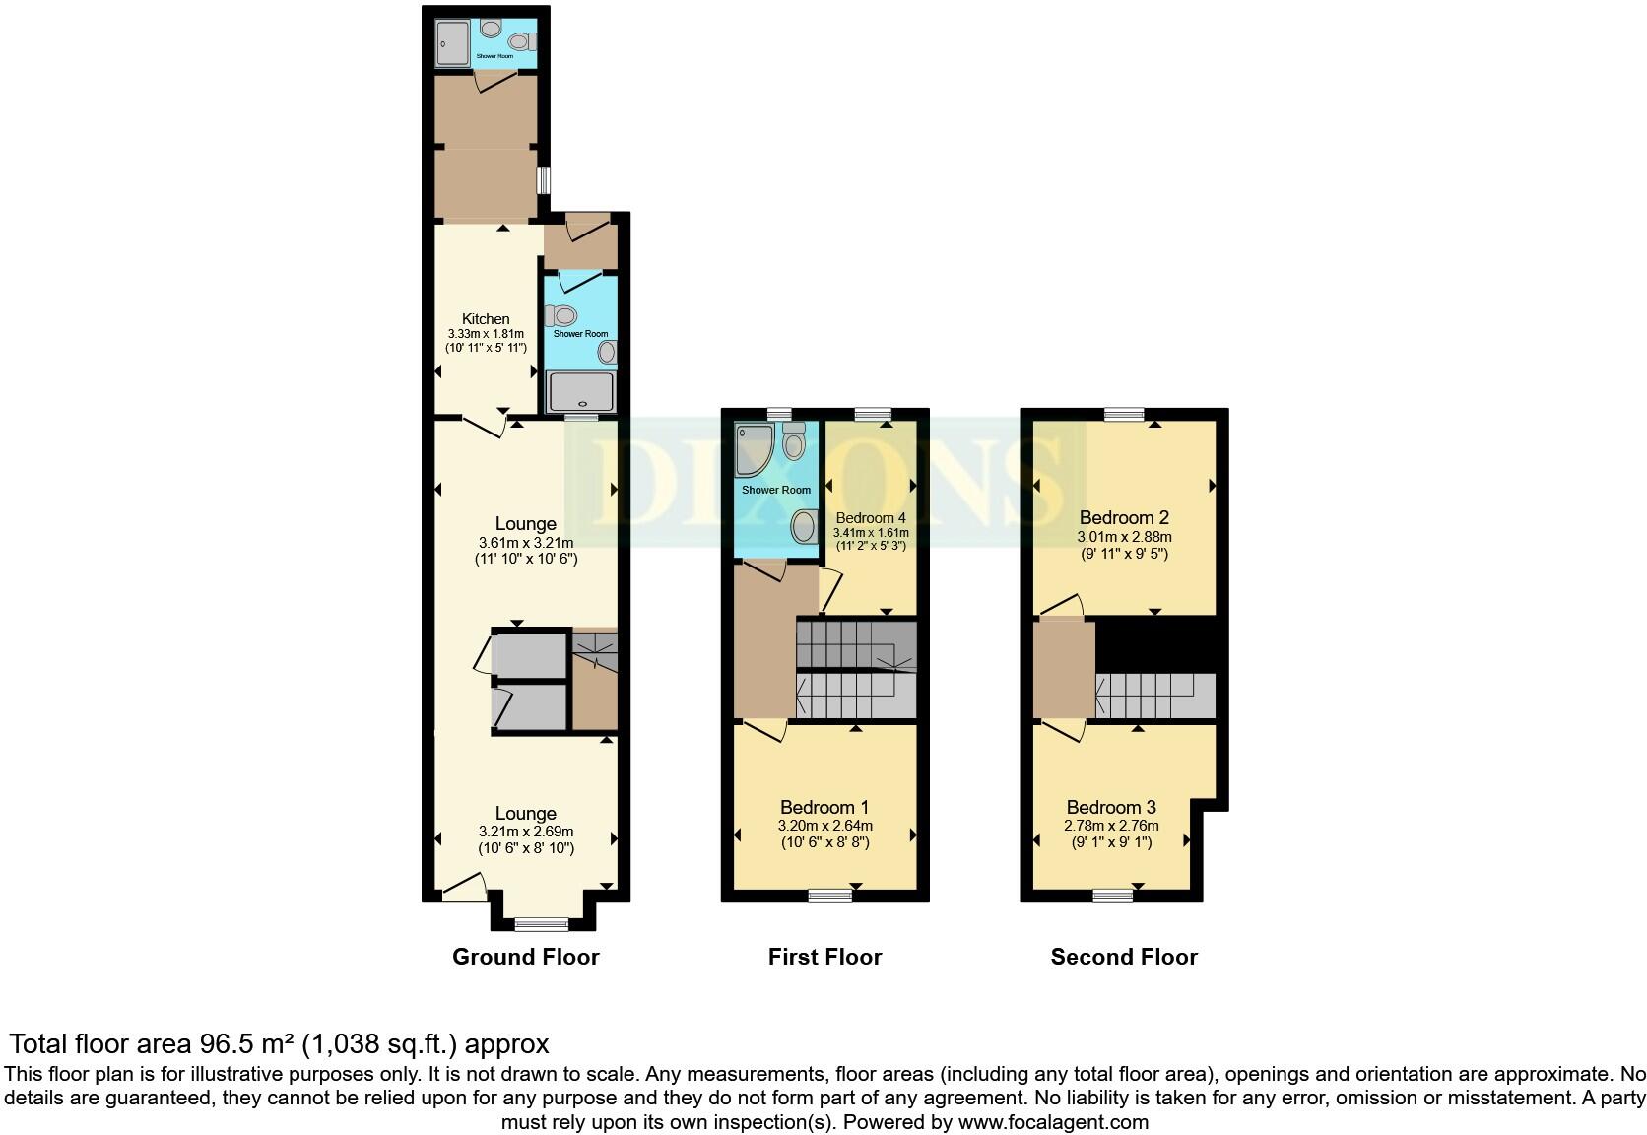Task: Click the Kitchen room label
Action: tap(486, 319)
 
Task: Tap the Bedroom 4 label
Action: tap(870, 518)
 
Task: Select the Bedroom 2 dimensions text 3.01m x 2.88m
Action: tap(1124, 537)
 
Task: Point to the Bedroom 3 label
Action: tap(1111, 807)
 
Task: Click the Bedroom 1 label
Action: tap(824, 807)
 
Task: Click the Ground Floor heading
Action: tap(525, 957)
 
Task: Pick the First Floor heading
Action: tap(824, 957)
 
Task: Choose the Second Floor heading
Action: tap(1124, 957)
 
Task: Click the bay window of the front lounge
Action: tap(542, 924)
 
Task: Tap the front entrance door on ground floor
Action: tap(464, 893)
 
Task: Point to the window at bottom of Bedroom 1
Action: tap(829, 896)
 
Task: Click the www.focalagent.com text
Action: tap(1052, 1121)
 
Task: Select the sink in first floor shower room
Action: tap(804, 526)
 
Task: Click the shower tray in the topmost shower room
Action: tap(454, 42)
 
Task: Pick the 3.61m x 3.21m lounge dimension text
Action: tap(525, 543)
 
